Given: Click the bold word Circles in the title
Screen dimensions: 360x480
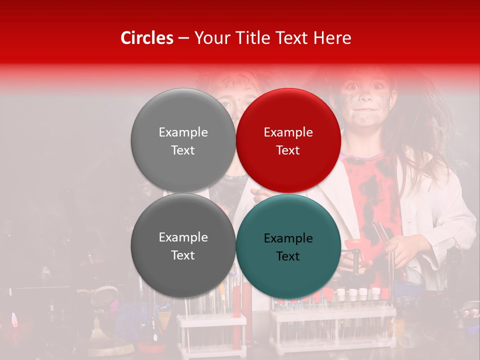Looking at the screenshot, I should click(x=147, y=38).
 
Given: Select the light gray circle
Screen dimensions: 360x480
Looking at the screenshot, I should click(x=183, y=140).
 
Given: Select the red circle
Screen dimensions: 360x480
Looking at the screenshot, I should click(x=288, y=140).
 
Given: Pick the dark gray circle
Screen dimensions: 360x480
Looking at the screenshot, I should click(x=183, y=245).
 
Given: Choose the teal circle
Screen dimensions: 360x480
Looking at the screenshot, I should click(x=288, y=246).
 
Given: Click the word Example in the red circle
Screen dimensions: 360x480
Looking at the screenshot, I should click(x=288, y=132).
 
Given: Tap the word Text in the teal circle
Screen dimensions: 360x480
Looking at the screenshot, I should click(x=288, y=256).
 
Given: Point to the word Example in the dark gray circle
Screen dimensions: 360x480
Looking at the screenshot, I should click(x=183, y=237).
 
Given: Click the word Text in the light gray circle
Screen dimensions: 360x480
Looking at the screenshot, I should click(x=183, y=150).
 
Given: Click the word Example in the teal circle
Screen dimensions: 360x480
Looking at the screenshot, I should click(x=288, y=238).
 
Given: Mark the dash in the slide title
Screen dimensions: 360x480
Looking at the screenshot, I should click(x=183, y=38).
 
